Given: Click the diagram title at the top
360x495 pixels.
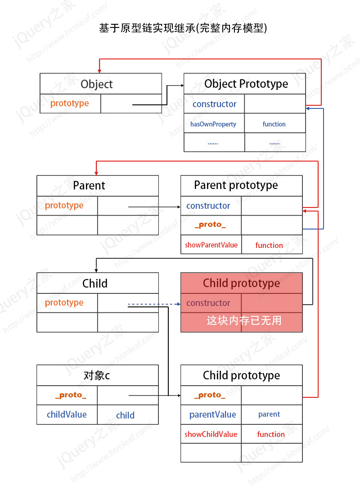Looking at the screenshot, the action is click(x=183, y=28).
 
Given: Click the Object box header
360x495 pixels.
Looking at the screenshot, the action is click(x=101, y=84).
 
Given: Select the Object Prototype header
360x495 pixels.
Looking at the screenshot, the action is click(x=245, y=84).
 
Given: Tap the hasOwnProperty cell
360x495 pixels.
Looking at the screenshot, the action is click(x=214, y=123).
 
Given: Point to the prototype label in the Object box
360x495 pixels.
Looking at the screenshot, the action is click(x=69, y=103).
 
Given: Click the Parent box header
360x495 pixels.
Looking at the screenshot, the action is click(x=98, y=185).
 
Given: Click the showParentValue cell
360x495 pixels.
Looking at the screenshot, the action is click(x=211, y=245).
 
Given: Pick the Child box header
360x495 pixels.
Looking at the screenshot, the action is click(x=98, y=283).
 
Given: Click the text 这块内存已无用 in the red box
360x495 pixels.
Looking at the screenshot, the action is click(x=244, y=320).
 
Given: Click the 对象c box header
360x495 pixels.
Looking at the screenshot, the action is click(x=98, y=375).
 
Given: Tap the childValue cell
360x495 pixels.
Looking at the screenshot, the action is click(x=67, y=414).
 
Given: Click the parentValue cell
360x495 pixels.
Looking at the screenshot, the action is click(x=211, y=414).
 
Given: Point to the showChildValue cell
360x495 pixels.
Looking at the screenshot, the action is click(x=211, y=434).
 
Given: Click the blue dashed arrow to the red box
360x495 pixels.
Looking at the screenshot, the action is click(x=154, y=304).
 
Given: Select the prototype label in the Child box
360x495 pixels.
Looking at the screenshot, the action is click(x=64, y=303).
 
